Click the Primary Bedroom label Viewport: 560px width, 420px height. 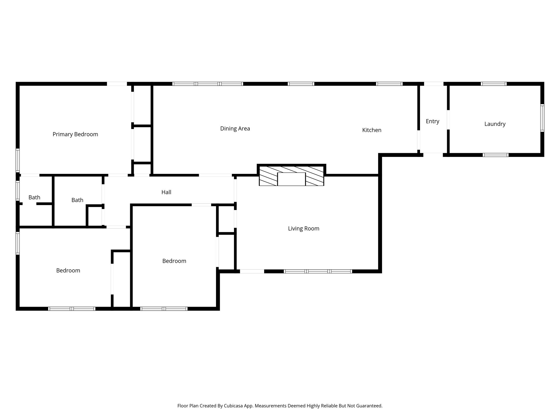pyautogui.click(x=75, y=134)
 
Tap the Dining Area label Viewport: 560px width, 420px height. pyautogui.click(x=235, y=129)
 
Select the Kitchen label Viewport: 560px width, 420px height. pyautogui.click(x=372, y=130)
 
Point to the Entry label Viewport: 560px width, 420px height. pyautogui.click(x=432, y=121)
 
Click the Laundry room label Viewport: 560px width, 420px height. pyautogui.click(x=495, y=124)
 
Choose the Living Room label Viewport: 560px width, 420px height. pyautogui.click(x=304, y=229)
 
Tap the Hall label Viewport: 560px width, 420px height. pyautogui.click(x=166, y=192)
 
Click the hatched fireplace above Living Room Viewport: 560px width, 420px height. pyautogui.click(x=291, y=176)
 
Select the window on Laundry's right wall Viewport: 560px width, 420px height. pyautogui.click(x=542, y=118)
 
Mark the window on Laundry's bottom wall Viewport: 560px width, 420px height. pyautogui.click(x=495, y=155)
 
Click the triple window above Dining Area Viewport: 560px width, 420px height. pyautogui.click(x=208, y=84)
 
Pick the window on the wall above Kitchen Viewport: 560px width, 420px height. pyautogui.click(x=389, y=84)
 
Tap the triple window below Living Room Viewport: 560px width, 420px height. pyautogui.click(x=318, y=271)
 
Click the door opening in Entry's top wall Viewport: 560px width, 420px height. pyautogui.click(x=433, y=84)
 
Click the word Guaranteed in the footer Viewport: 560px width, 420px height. pyautogui.click(x=369, y=406)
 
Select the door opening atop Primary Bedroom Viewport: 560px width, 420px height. pyautogui.click(x=117, y=84)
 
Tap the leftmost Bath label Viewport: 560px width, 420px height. pyautogui.click(x=34, y=197)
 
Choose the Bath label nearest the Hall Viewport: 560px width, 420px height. pyautogui.click(x=77, y=200)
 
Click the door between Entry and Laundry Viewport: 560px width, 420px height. pyautogui.click(x=448, y=119)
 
